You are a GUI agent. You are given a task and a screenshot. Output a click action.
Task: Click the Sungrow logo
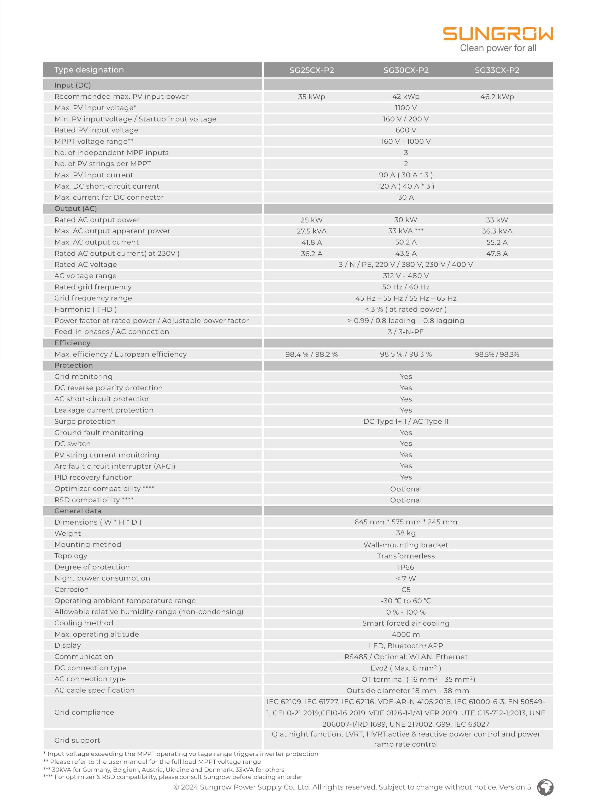pyautogui.click(x=498, y=34)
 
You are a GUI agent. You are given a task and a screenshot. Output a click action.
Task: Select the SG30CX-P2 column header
pyautogui.click(x=406, y=70)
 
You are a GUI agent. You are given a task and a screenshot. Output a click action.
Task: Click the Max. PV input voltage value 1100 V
pyautogui.click(x=406, y=108)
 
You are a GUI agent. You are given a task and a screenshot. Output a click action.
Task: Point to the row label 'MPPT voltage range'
pyautogui.click(x=94, y=141)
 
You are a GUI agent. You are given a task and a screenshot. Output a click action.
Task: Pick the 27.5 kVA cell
pyautogui.click(x=312, y=231)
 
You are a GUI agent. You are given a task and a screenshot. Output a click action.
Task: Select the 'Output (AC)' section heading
pyautogui.click(x=76, y=209)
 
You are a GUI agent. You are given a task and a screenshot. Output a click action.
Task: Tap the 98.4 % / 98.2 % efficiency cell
pyautogui.click(x=312, y=354)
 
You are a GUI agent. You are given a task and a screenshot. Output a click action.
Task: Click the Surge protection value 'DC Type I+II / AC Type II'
pyautogui.click(x=406, y=421)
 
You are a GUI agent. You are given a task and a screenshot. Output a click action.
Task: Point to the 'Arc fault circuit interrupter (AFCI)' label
pyautogui.click(x=115, y=466)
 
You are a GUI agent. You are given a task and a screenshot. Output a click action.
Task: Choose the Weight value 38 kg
pyautogui.click(x=406, y=533)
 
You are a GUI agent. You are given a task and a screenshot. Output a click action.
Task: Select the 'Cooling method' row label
pyautogui.click(x=83, y=623)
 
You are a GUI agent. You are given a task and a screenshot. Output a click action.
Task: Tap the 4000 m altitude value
pyautogui.click(x=406, y=634)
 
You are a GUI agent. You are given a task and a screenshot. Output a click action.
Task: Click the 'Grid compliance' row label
pyautogui.click(x=84, y=712)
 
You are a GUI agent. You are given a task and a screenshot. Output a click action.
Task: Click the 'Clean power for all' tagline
pyautogui.click(x=498, y=48)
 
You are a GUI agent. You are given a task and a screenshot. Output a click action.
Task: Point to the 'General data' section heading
pyautogui.click(x=78, y=511)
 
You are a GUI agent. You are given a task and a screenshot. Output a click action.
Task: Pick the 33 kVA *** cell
pyautogui.click(x=406, y=231)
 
